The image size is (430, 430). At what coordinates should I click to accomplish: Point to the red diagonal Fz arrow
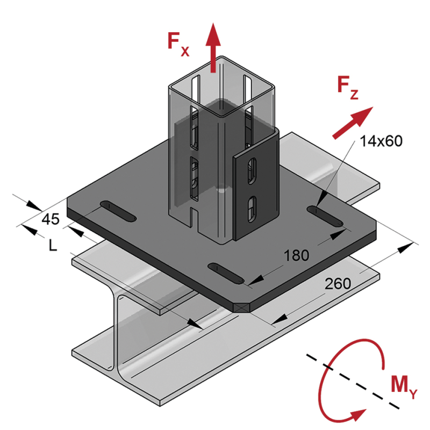click(352, 123)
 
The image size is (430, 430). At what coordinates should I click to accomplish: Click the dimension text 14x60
click(382, 141)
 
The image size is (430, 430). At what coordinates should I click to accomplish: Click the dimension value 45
click(51, 219)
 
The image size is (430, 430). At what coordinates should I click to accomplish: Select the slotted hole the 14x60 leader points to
click(325, 216)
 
